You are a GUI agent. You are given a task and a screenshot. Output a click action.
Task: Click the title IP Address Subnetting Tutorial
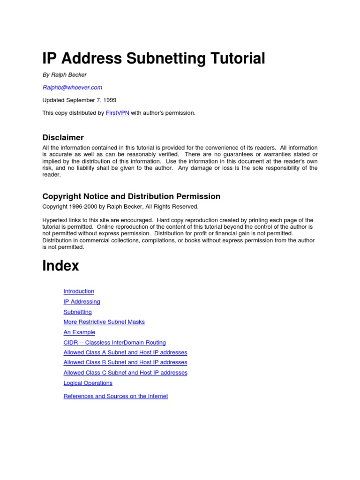click(154, 59)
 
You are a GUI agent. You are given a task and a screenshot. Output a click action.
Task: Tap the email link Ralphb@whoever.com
click(72, 87)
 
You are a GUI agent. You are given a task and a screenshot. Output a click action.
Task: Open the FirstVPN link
click(117, 113)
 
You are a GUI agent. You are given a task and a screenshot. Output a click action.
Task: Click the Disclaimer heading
click(63, 137)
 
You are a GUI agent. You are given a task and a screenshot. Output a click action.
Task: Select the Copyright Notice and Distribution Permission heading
click(131, 196)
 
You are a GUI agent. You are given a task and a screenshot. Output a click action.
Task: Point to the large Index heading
click(60, 266)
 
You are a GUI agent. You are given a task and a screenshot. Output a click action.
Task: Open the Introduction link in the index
click(79, 291)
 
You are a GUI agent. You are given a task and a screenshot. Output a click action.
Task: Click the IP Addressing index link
click(82, 301)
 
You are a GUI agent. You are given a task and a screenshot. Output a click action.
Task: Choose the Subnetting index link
click(77, 312)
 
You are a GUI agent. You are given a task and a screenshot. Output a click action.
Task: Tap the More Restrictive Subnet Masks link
click(104, 322)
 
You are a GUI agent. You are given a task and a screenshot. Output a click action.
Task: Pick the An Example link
click(79, 332)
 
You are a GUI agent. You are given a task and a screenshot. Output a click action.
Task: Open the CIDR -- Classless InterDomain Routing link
click(114, 343)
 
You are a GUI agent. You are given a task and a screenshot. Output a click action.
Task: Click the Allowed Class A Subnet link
click(125, 352)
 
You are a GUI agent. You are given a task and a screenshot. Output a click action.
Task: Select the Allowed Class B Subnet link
click(125, 362)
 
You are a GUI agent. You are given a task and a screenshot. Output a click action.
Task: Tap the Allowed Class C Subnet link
click(125, 373)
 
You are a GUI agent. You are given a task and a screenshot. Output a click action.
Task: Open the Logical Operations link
click(88, 383)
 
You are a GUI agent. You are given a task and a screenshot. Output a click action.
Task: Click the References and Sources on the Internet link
click(115, 396)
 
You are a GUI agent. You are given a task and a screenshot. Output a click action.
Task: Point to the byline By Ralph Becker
click(64, 75)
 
